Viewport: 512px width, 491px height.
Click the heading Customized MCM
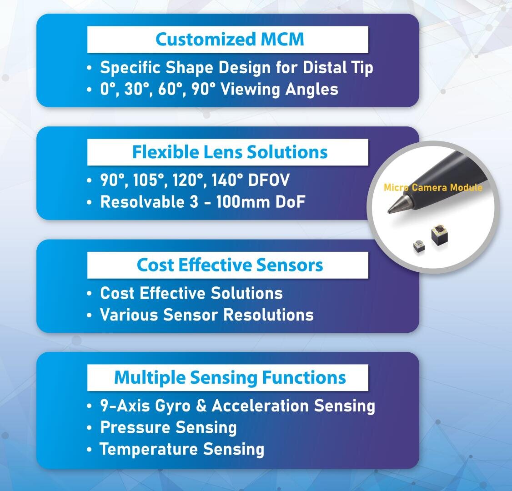[230, 39]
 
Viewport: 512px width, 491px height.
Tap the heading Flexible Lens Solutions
[230, 152]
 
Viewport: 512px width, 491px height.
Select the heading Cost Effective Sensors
[230, 265]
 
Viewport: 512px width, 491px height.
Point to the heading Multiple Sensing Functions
[230, 378]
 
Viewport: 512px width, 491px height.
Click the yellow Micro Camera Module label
[433, 187]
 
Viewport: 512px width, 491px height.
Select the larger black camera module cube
[439, 235]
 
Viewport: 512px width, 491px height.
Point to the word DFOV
[269, 180]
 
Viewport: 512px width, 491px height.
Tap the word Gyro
[173, 406]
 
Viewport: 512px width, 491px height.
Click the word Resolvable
[142, 202]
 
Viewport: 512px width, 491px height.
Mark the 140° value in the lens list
[227, 180]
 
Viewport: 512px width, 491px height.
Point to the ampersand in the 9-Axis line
[201, 406]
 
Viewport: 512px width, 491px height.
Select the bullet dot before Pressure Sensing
[90, 428]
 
